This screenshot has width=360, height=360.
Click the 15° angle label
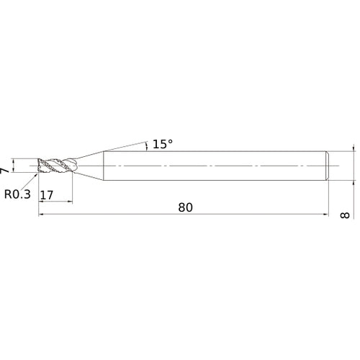(163, 144)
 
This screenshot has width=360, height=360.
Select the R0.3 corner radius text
(17, 194)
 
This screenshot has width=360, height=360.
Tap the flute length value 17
(48, 195)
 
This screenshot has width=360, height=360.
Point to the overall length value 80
(185, 207)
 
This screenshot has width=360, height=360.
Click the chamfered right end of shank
(328, 165)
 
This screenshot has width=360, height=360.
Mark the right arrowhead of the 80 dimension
(328, 215)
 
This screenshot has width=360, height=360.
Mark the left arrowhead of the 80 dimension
(41, 215)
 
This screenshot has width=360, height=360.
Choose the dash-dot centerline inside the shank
(216, 165)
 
